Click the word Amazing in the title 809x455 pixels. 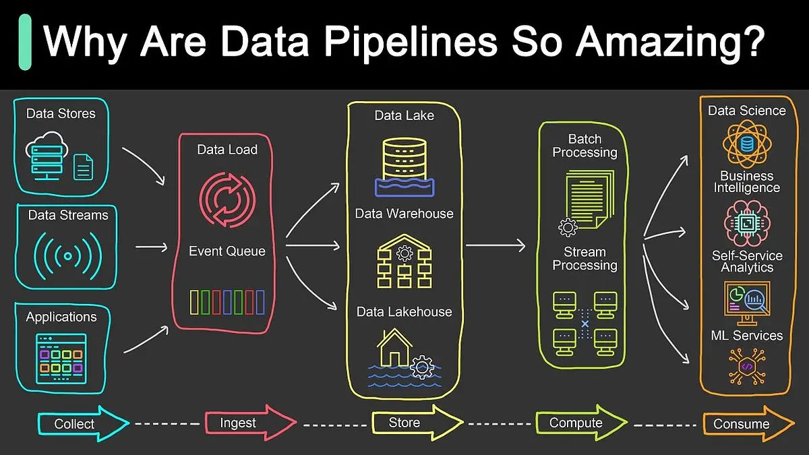point(671,42)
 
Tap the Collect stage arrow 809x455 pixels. point(84,423)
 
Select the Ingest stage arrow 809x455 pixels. point(251,423)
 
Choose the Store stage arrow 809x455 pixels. point(417,423)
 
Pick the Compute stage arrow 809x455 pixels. point(581,423)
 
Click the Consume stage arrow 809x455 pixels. point(748,423)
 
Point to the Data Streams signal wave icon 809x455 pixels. point(67,256)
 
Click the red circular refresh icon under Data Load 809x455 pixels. point(228,200)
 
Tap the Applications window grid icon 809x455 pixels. point(61,358)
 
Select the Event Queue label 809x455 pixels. point(227,251)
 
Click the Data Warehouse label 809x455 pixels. point(404,214)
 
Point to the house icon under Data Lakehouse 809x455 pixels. point(394,348)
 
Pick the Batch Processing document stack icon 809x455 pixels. point(589,200)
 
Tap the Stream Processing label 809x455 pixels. point(585,259)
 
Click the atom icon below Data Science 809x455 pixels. point(747,144)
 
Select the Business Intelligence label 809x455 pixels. point(747,181)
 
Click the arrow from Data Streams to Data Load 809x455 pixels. point(151,247)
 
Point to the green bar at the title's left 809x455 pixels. point(25,42)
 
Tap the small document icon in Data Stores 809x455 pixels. point(83,167)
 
